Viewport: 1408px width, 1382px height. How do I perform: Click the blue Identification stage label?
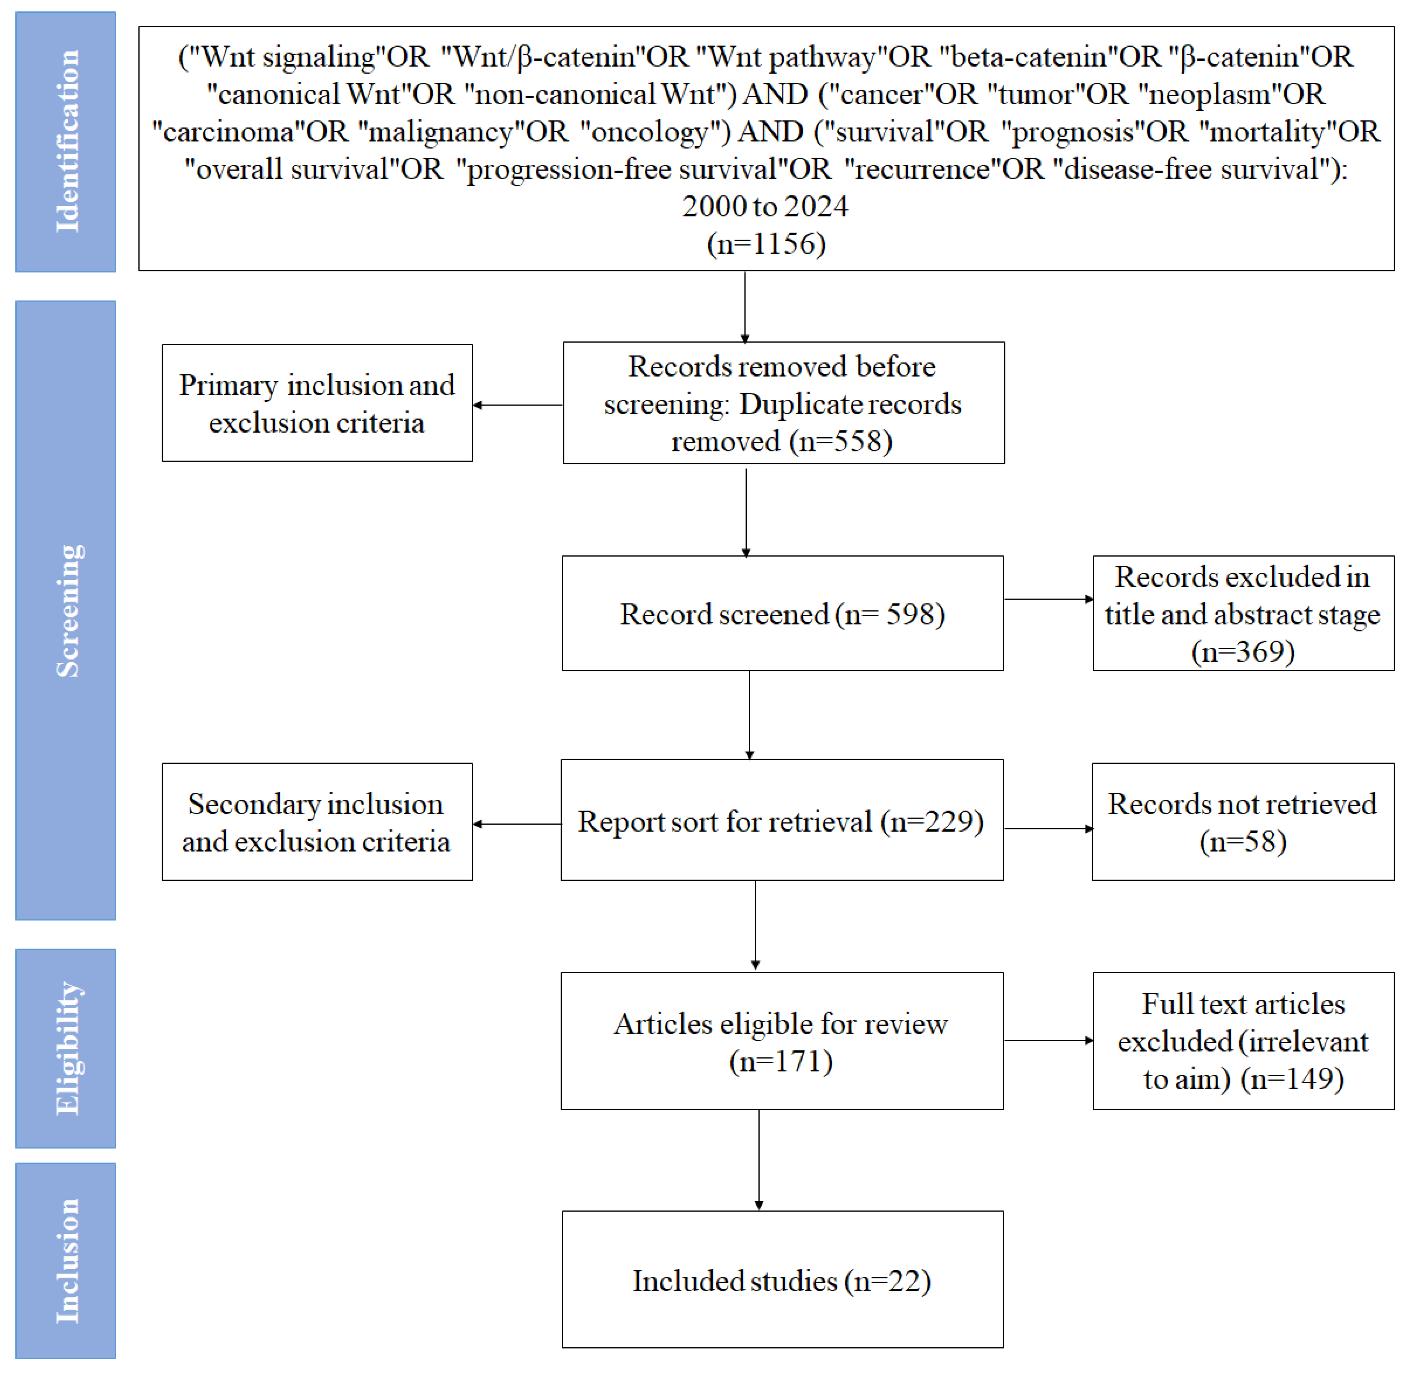[65, 141]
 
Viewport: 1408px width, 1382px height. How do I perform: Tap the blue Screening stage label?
[65, 610]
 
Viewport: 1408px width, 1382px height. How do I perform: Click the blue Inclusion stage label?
[65, 1260]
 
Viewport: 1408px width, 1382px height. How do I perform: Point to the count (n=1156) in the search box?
[766, 244]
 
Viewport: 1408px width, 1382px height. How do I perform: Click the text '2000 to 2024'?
[765, 207]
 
